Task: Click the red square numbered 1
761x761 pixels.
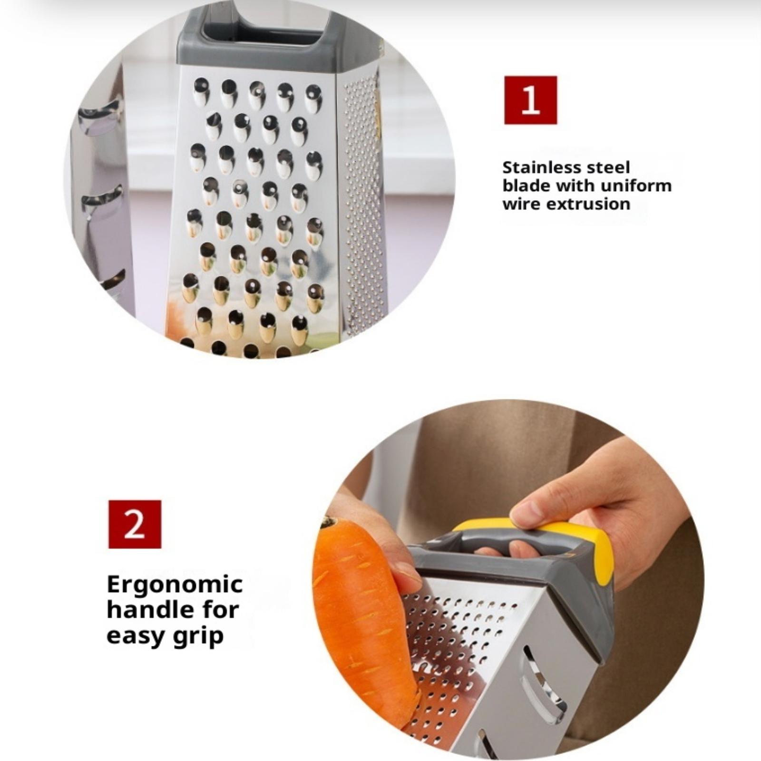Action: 530,100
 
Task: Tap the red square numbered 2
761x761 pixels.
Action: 135,524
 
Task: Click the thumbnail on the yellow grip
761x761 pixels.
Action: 526,513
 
